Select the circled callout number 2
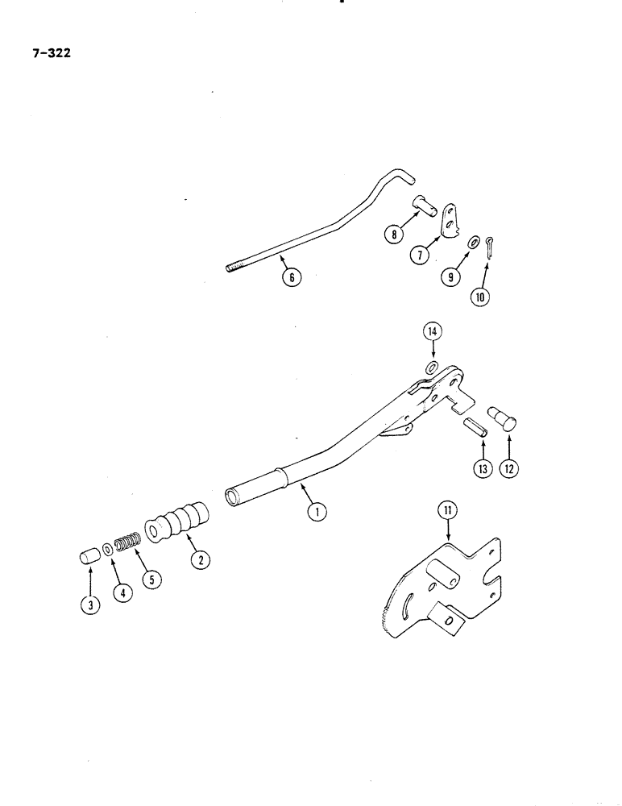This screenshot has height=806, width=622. coord(196,559)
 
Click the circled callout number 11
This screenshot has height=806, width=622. coord(446,509)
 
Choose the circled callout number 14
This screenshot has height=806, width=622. coord(433,331)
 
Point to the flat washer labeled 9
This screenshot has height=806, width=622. coord(474,243)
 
